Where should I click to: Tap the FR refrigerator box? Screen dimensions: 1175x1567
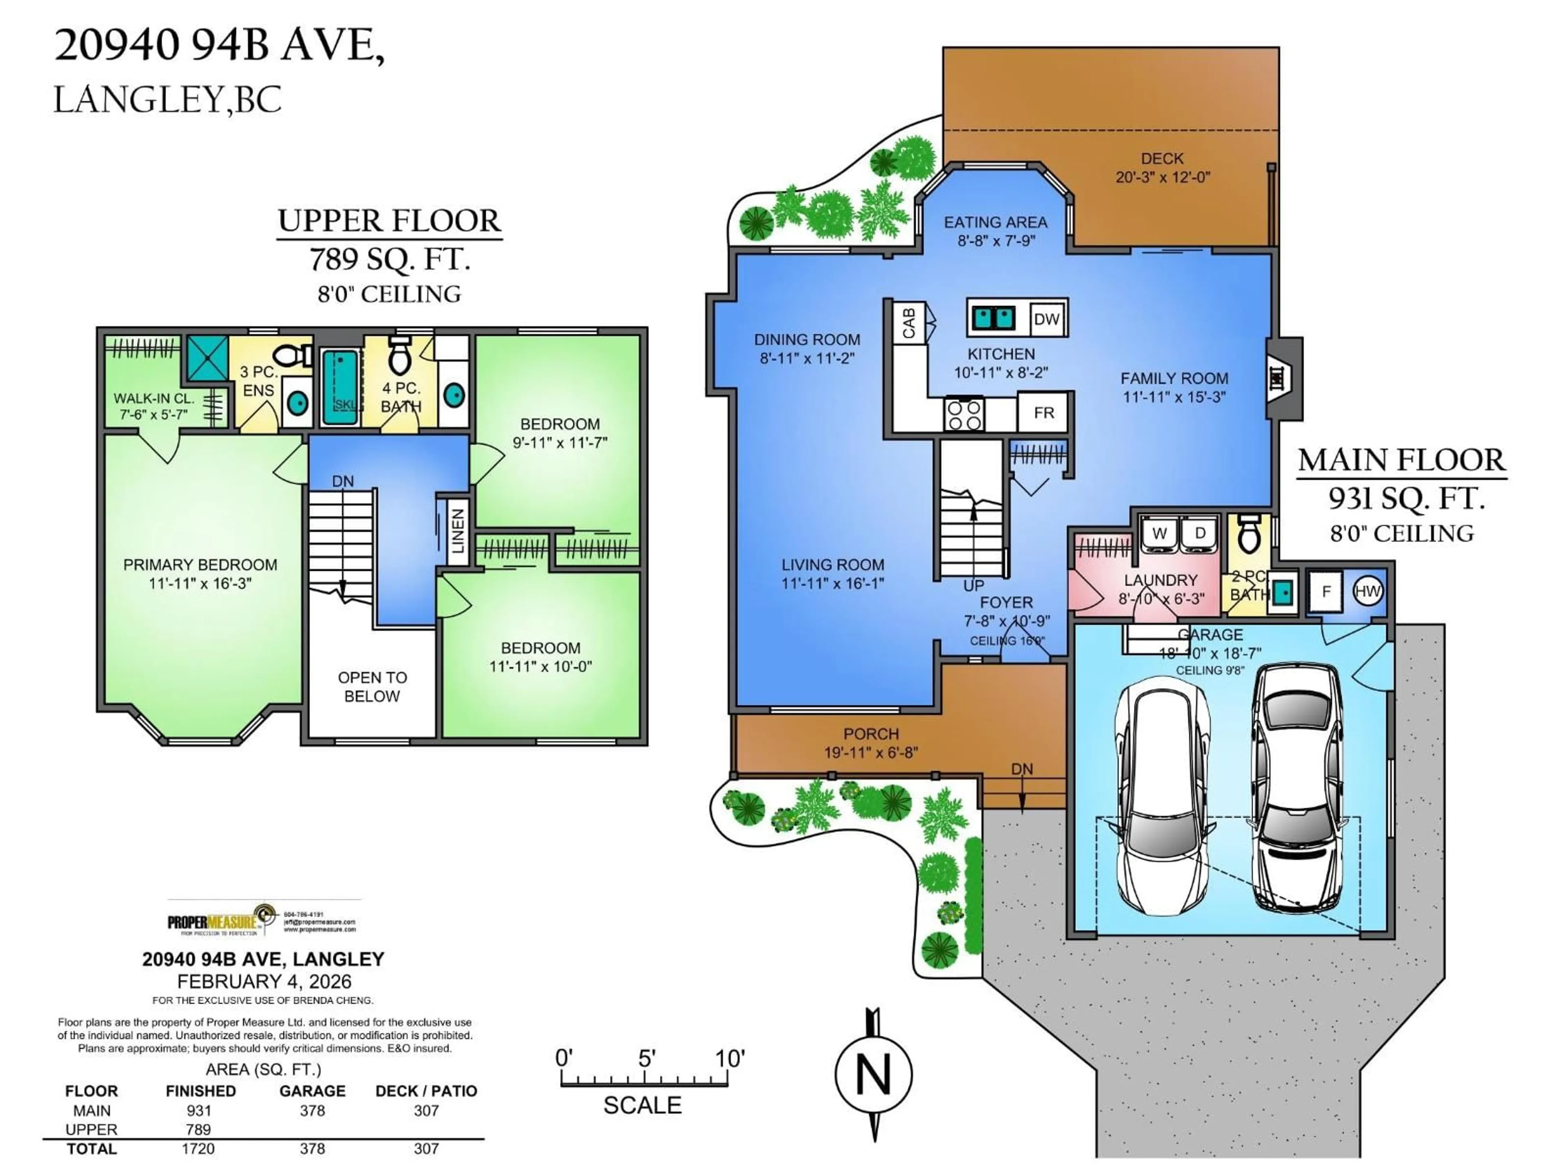pos(1043,413)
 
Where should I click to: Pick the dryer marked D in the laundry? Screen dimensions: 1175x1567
pos(1200,533)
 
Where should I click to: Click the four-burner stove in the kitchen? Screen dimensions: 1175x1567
pos(964,415)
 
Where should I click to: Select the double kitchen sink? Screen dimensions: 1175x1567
pos(992,318)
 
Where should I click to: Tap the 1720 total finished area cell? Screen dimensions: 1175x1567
pos(198,1148)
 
